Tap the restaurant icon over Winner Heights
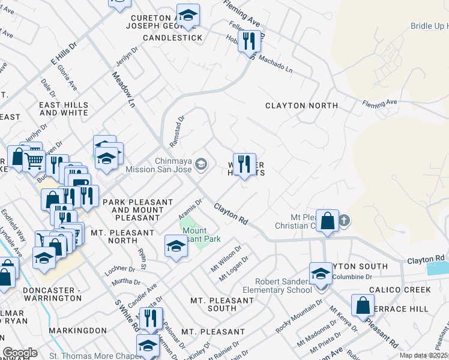(243, 164)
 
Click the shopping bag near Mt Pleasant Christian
(327, 221)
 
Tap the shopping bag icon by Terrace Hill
(363, 305)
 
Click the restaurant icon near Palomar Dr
(151, 318)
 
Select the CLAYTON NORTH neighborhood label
(301, 106)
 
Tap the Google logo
(20, 353)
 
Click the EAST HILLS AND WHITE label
(64, 109)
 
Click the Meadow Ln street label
(124, 89)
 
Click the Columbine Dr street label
(354, 277)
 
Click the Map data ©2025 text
(423, 355)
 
